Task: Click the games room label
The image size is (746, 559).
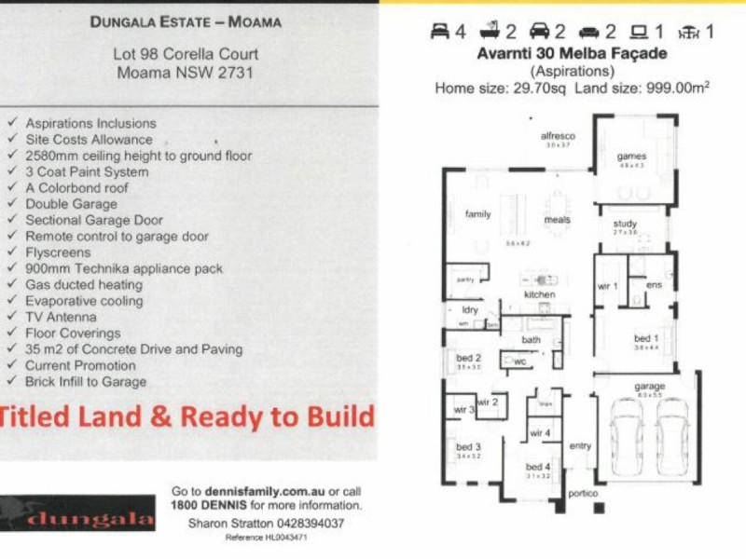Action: (x=630, y=157)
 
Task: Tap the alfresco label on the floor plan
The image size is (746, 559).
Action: (x=559, y=136)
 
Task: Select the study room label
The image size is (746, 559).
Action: (x=625, y=224)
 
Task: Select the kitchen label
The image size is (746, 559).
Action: (x=539, y=294)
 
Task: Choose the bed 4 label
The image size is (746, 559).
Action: (x=538, y=467)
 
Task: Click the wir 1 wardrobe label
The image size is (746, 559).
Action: (x=606, y=286)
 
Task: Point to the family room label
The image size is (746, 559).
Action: (x=477, y=214)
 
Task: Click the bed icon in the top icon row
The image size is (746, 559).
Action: (x=439, y=31)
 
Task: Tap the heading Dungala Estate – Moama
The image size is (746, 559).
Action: (x=186, y=20)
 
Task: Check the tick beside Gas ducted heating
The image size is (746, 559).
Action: (x=11, y=285)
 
